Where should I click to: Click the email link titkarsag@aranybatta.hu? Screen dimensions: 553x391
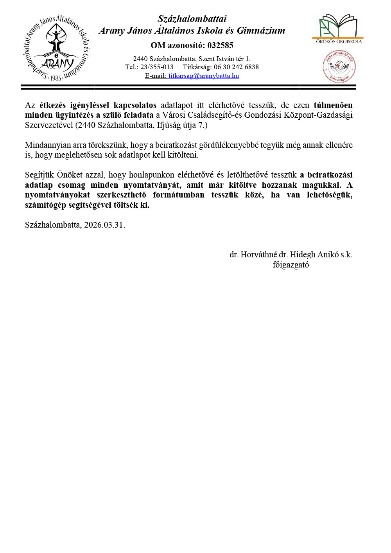(x=204, y=76)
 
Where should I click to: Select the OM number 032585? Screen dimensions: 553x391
(x=220, y=45)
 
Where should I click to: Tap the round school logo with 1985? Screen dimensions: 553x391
(x=56, y=48)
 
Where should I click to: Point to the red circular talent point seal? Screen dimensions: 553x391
(x=339, y=66)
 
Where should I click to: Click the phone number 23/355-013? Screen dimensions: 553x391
(x=157, y=67)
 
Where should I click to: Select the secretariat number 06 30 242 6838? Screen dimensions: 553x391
(x=236, y=67)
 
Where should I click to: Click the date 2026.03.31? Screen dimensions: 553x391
(x=104, y=225)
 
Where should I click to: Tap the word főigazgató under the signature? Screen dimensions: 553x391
(x=291, y=265)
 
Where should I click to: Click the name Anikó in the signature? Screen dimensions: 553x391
(x=328, y=255)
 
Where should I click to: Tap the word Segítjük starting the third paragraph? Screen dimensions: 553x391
(x=39, y=175)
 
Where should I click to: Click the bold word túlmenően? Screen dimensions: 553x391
(x=333, y=105)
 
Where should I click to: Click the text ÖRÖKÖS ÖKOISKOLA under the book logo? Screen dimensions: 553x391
(x=339, y=41)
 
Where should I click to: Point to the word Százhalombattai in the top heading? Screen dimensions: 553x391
(x=192, y=19)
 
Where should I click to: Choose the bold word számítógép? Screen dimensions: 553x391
(x=44, y=205)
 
